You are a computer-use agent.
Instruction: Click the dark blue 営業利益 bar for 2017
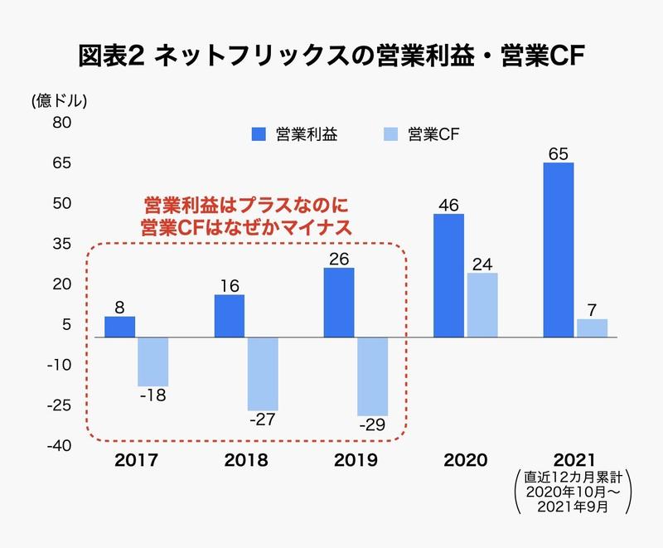tap(120, 327)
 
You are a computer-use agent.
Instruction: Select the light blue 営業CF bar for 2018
tap(263, 373)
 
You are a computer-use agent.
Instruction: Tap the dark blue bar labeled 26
tap(338, 303)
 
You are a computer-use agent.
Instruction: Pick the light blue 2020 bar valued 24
tap(482, 305)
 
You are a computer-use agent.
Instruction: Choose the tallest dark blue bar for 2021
tap(558, 250)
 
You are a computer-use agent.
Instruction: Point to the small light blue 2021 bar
tap(592, 328)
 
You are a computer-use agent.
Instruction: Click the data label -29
tap(373, 425)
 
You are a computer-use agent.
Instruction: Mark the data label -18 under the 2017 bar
tap(152, 395)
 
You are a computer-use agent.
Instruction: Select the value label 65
tap(558, 153)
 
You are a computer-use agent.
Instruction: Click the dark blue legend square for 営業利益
tap(259, 134)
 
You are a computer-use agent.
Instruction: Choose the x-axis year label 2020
tap(465, 461)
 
